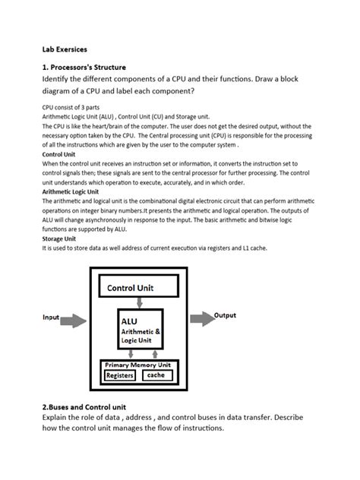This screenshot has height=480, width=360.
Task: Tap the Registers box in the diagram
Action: (119, 375)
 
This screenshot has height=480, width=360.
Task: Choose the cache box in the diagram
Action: (155, 375)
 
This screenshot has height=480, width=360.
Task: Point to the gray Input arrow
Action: (74, 319)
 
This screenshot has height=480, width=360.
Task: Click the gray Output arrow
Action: (201, 319)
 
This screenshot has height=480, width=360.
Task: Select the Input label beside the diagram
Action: (51, 317)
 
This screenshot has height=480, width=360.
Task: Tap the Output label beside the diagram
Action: (225, 315)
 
